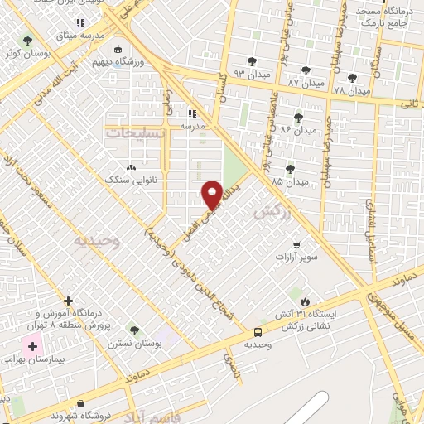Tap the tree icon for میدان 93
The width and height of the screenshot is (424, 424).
pyautogui.click(x=252, y=60)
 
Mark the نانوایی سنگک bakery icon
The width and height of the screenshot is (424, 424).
pyautogui.click(x=132, y=166)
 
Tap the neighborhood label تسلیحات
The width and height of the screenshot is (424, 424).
pyautogui.click(x=136, y=132)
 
